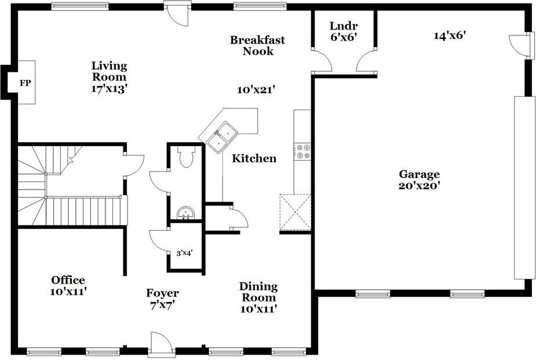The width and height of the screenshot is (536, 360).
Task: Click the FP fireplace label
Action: (25, 83)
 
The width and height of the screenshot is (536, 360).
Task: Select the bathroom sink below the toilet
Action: (186, 213)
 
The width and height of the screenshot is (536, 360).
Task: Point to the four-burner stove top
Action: (302, 151)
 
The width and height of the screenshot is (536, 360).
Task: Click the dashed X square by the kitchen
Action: (296, 212)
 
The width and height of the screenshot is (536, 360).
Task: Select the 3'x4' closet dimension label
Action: (185, 253)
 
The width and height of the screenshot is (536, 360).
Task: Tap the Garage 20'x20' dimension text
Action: (419, 186)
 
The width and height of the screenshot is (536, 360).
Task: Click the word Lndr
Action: (344, 26)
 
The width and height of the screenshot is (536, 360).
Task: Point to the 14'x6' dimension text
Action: (450, 35)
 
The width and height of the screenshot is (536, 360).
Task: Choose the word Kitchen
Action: (254, 158)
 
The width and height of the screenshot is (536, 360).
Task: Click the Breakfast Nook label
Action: (257, 45)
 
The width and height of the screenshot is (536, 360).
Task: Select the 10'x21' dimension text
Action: (256, 90)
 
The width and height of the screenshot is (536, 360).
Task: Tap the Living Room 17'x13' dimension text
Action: (110, 89)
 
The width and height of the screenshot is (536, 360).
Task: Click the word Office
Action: (68, 280)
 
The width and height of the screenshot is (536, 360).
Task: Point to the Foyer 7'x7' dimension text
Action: (162, 304)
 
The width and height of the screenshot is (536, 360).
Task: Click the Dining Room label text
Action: (258, 292)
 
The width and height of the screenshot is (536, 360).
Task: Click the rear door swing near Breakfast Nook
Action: (178, 14)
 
